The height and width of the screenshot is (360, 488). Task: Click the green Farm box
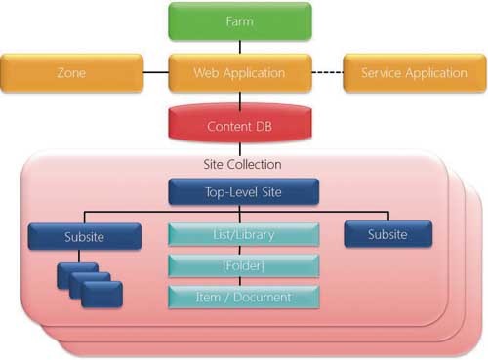[240, 21]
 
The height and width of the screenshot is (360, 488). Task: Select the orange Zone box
[71, 73]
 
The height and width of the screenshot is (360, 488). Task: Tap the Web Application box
[240, 73]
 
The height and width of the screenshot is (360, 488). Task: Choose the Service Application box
[414, 73]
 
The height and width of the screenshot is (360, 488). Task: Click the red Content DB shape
[240, 127]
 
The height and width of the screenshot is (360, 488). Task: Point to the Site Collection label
[241, 163]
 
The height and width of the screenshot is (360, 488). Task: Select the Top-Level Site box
[245, 192]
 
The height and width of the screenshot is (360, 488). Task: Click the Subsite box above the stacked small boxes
[79, 236]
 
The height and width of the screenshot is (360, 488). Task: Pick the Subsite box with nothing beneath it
[387, 234]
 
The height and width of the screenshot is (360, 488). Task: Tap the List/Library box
[243, 235]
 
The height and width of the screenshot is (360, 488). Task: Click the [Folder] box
[243, 265]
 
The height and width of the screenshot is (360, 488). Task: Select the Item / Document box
[243, 296]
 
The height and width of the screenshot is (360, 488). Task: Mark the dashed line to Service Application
[326, 73]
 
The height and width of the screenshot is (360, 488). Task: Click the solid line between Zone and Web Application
[155, 73]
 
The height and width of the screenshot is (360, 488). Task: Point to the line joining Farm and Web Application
[240, 48]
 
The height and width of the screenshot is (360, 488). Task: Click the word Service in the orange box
[382, 73]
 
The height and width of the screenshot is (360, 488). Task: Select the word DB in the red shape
[263, 127]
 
